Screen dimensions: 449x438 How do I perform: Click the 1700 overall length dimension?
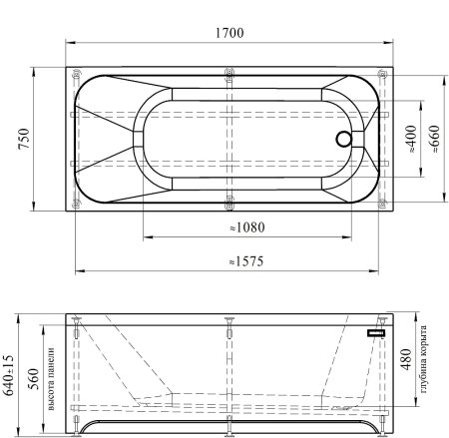(x=229, y=33)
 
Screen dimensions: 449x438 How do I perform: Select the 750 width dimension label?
(x=24, y=139)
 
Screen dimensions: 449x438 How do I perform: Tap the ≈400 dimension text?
(x=412, y=139)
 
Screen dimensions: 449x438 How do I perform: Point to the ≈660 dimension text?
(x=435, y=139)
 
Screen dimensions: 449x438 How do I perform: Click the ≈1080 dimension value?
(x=247, y=227)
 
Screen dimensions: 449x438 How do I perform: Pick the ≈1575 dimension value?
(x=246, y=261)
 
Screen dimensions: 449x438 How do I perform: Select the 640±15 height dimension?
(x=9, y=374)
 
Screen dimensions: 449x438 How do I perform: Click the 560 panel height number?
(x=33, y=379)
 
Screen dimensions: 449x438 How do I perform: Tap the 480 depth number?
(x=406, y=359)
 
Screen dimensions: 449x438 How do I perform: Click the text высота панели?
(x=51, y=379)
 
